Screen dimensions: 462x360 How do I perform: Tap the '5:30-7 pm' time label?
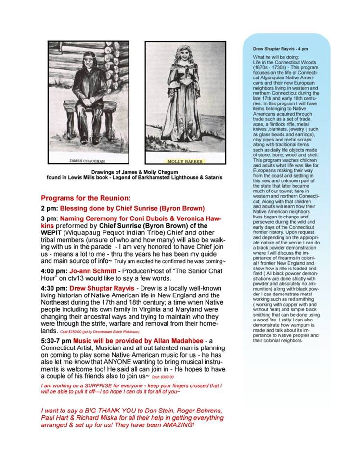[56, 340]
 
